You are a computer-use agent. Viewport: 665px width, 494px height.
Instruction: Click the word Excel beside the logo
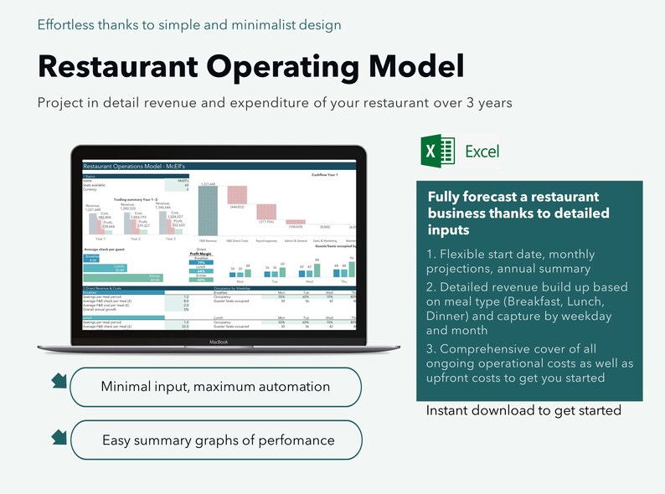(482, 152)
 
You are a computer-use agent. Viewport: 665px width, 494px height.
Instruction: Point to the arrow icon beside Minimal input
(59, 382)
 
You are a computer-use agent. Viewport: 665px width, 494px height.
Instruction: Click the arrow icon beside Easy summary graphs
(59, 436)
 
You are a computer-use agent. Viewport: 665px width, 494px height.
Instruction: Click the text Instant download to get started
(523, 410)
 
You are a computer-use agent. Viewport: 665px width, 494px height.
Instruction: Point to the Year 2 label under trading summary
(134, 239)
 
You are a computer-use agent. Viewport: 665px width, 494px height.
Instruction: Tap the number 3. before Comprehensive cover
(432, 348)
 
